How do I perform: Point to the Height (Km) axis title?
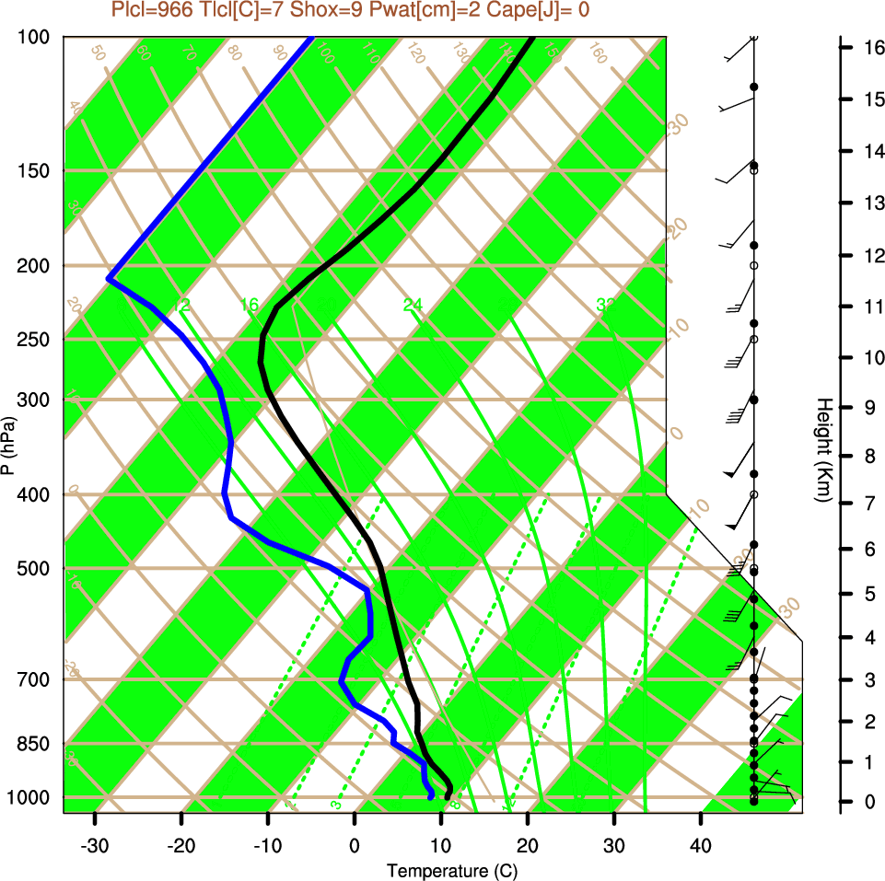(824, 449)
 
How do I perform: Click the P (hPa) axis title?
(8, 445)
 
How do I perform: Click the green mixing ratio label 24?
(413, 305)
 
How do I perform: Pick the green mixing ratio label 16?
(249, 305)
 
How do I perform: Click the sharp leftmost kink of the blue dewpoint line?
(109, 278)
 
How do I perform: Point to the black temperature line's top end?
(532, 39)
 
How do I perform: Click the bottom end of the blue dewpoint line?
(430, 797)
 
